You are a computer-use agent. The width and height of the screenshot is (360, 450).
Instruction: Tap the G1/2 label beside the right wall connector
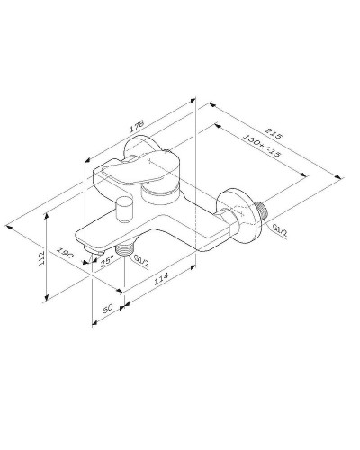click(x=279, y=233)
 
